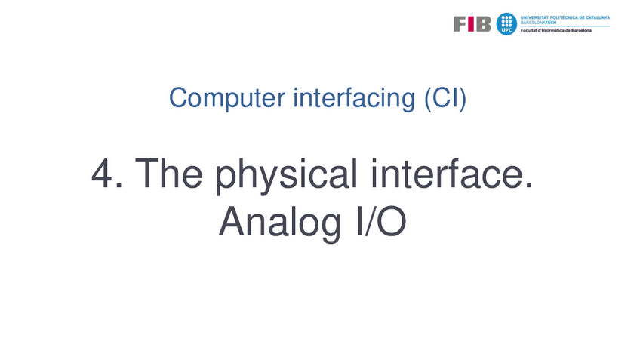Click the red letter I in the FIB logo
471,24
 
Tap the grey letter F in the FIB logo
460,24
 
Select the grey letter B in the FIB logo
483,24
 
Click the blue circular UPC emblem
506,23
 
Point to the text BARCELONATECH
538,23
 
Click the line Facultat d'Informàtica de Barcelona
556,31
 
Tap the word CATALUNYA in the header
598,17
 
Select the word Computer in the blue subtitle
227,98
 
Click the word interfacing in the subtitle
354,98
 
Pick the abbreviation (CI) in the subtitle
445,98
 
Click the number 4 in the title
102,174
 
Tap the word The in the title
168,173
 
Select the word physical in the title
286,176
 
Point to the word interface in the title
448,173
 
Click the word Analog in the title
280,224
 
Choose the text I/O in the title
381,221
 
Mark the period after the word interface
529,186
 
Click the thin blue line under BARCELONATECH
565,26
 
